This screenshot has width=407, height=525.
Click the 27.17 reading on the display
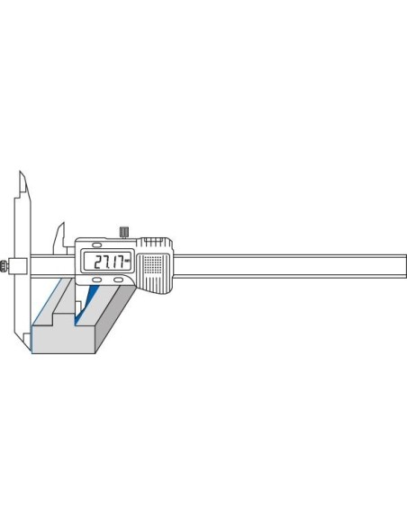(108, 262)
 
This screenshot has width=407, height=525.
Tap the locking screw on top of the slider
(124, 232)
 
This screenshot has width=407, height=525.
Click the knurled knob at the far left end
(4, 266)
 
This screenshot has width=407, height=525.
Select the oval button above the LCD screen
(97, 245)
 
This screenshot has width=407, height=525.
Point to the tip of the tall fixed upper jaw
(20, 172)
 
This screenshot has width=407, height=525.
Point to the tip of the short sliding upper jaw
(62, 222)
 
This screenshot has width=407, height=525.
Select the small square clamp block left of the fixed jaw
(18, 266)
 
